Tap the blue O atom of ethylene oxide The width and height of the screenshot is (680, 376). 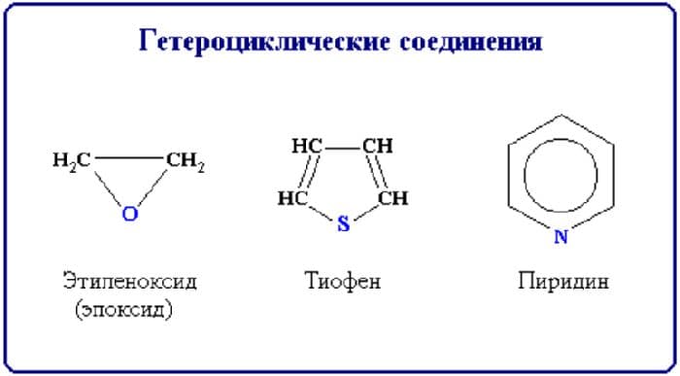click(129, 215)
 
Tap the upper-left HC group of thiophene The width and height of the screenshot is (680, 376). click(307, 147)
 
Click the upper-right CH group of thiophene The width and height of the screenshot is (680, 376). click(377, 147)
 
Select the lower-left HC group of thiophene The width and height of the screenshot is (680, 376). click(292, 198)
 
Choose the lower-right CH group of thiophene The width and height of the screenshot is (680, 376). click(392, 198)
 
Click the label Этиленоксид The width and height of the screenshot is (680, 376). click(129, 283)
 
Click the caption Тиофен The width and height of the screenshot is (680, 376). click(342, 283)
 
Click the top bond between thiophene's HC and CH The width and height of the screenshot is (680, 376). click(342, 147)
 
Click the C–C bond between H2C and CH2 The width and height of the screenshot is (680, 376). click(128, 156)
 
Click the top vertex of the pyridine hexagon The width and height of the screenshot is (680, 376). click(561, 116)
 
